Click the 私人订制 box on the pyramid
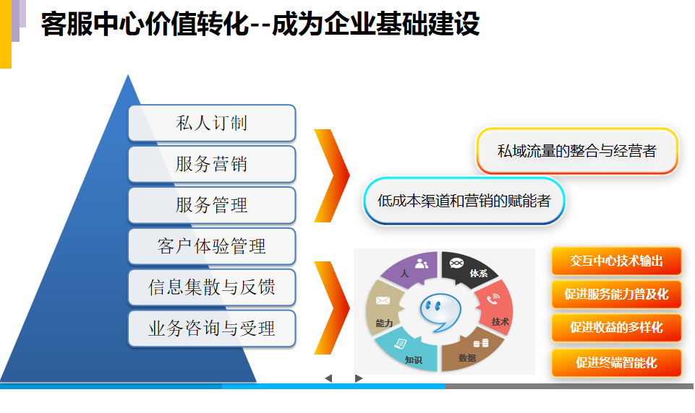coord(212,123)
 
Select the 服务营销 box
coord(212,164)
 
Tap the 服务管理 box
coord(212,205)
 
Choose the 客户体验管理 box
coord(212,246)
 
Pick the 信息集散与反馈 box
coord(212,287)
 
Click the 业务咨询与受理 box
coord(212,329)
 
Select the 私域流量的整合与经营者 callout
coord(577,151)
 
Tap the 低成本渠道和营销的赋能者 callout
coord(464,201)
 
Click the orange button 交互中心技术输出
coord(616,261)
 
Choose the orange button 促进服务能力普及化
coord(616,295)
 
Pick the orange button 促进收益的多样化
coord(616,328)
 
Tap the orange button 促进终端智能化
coord(616,363)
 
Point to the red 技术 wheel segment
coord(495,307)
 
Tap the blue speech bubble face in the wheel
coord(440,312)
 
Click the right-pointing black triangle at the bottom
coord(359,378)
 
